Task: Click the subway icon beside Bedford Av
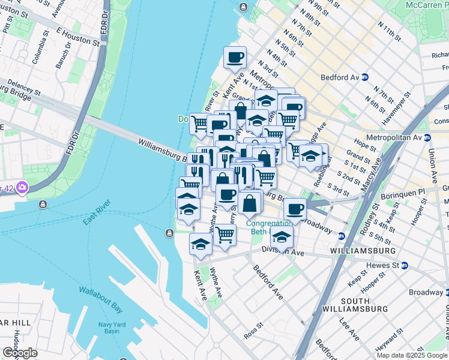pyautogui.click(x=373, y=77)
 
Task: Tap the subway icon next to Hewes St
pyautogui.click(x=405, y=265)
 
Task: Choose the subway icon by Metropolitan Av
pyautogui.click(x=427, y=137)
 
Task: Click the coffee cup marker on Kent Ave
pyautogui.click(x=235, y=58)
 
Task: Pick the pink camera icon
pyautogui.click(x=22, y=188)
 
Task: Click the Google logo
pyautogui.click(x=20, y=352)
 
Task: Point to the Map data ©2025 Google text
pyautogui.click(x=412, y=355)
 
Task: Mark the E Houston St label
pyautogui.click(x=77, y=35)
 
